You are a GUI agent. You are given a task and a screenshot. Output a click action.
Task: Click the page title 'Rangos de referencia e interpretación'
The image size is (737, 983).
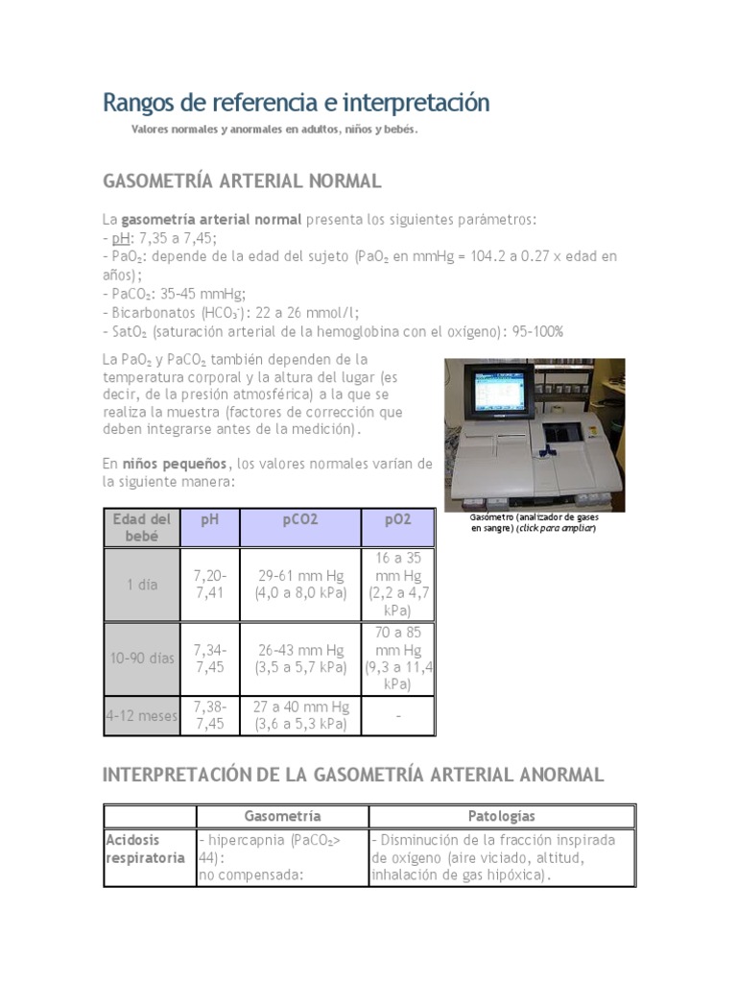point(296,103)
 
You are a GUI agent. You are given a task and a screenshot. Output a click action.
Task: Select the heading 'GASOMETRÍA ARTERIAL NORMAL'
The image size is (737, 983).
point(242,180)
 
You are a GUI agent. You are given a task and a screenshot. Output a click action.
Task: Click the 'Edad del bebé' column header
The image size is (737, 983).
point(142,527)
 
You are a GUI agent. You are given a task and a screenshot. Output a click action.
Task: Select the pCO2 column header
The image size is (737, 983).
point(300,519)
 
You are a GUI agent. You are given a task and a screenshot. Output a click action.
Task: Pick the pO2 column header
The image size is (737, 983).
point(398,519)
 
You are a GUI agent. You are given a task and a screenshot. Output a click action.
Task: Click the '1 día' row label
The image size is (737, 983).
point(142,584)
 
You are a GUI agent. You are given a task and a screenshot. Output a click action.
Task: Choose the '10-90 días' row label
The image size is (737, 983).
point(142,659)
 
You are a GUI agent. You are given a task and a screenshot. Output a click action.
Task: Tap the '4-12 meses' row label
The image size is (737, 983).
point(142,715)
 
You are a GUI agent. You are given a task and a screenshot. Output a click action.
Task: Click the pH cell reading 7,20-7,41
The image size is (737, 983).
point(210,584)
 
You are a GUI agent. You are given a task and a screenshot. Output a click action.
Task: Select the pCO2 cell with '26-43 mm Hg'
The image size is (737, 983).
point(300,659)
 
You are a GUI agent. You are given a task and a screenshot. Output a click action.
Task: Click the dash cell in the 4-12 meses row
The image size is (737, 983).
point(398,716)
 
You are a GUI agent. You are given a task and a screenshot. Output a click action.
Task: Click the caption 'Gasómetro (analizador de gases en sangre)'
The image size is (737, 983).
point(534,522)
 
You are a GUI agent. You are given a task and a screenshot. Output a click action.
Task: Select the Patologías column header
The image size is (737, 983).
point(502,816)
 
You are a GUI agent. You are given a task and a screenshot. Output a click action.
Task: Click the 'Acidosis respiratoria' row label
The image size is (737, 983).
point(145,848)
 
